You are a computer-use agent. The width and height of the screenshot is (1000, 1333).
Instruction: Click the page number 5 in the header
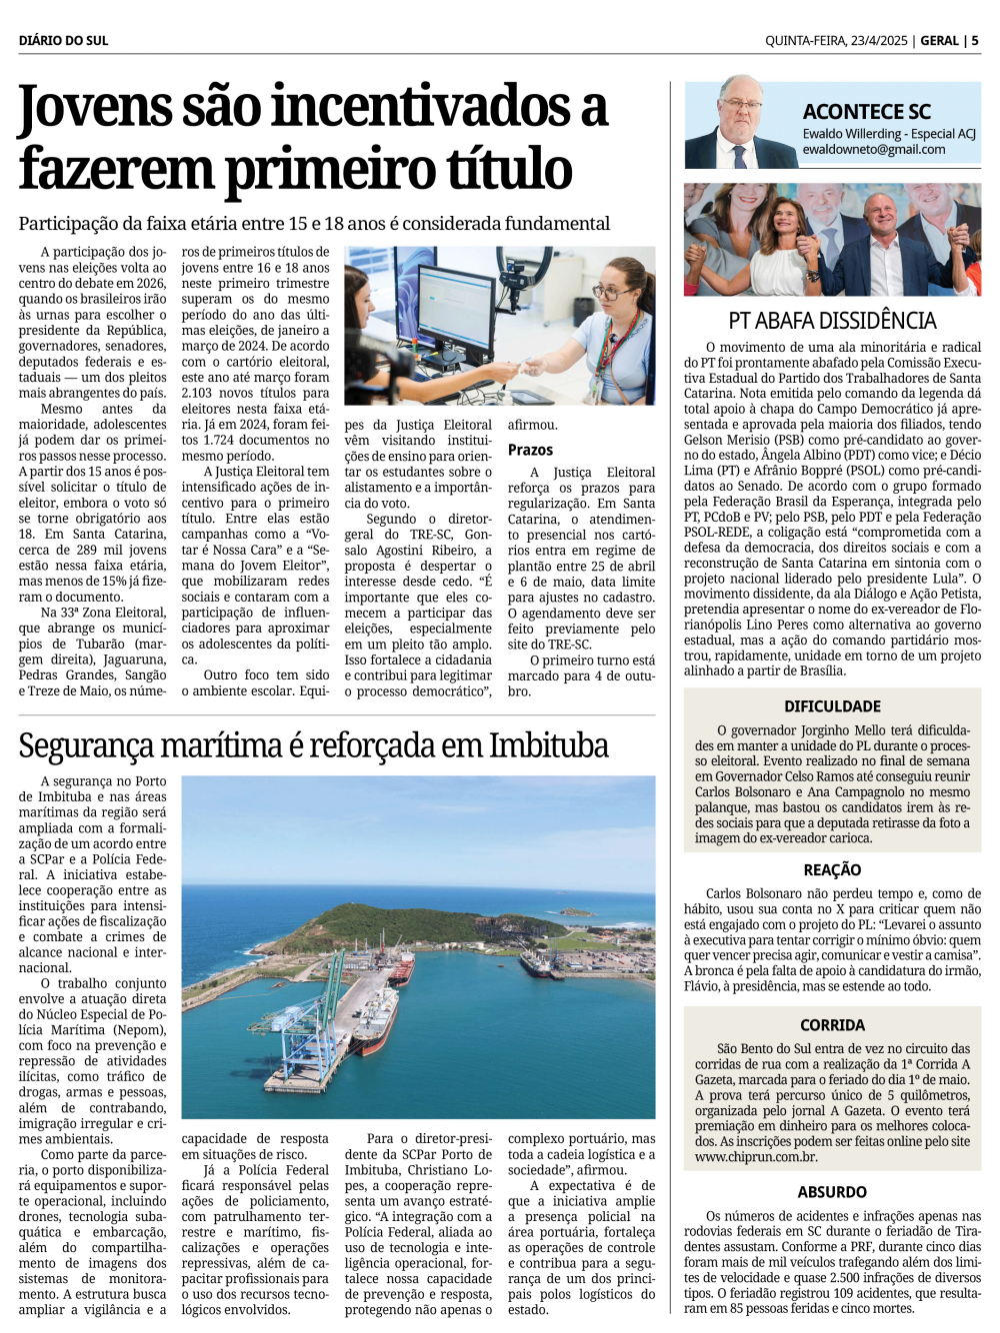pyautogui.click(x=975, y=41)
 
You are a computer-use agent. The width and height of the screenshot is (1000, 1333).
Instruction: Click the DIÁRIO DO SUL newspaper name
pyautogui.click(x=63, y=41)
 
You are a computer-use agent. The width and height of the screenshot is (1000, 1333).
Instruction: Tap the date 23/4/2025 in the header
pyautogui.click(x=879, y=41)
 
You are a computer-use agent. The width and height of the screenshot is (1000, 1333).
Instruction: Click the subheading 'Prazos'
pyautogui.click(x=530, y=450)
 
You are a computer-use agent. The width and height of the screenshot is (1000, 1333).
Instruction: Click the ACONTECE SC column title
pyautogui.click(x=866, y=112)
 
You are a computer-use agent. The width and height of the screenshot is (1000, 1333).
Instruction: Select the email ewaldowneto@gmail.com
pyautogui.click(x=873, y=150)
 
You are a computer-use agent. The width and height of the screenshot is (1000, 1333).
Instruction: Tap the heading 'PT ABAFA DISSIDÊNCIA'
pyautogui.click(x=832, y=321)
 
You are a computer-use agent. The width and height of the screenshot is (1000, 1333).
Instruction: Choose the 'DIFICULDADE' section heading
pyautogui.click(x=832, y=706)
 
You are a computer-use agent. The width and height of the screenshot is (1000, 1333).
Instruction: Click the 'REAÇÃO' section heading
pyautogui.click(x=832, y=870)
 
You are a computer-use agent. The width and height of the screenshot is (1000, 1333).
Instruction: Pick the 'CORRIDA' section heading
pyautogui.click(x=832, y=1025)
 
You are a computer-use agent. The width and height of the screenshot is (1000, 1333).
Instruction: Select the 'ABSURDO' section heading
pyautogui.click(x=832, y=1192)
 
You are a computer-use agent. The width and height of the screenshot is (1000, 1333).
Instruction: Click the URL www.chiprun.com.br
pyautogui.click(x=756, y=1157)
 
